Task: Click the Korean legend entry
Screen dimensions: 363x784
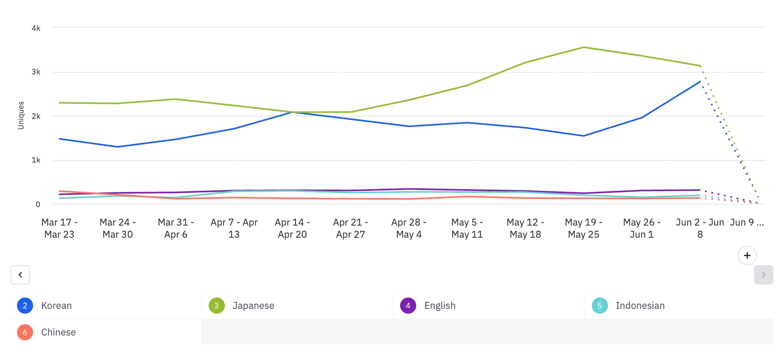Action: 56,306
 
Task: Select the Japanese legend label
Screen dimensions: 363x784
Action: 253,306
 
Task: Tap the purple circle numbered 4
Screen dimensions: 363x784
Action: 408,306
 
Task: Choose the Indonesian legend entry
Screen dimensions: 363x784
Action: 640,306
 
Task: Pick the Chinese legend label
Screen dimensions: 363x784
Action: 58,332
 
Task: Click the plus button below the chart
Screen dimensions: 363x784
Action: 747,255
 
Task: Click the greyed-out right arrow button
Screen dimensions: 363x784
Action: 763,275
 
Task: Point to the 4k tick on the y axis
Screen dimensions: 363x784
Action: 36,28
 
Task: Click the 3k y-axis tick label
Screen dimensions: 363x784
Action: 36,72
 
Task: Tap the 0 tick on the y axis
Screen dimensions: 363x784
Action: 38,205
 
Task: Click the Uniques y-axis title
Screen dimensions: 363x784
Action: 21,115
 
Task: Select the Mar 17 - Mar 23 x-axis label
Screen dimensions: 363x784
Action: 59,228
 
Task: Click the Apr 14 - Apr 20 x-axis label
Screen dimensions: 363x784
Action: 292,228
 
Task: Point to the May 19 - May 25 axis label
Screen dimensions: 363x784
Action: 583,228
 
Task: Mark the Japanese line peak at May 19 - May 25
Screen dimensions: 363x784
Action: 583,47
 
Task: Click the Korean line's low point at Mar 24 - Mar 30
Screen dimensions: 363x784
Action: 117,147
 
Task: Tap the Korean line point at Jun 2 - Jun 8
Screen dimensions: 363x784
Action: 700,82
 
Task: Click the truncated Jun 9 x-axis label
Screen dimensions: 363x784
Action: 747,222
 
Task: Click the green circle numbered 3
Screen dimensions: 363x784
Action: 216,306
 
